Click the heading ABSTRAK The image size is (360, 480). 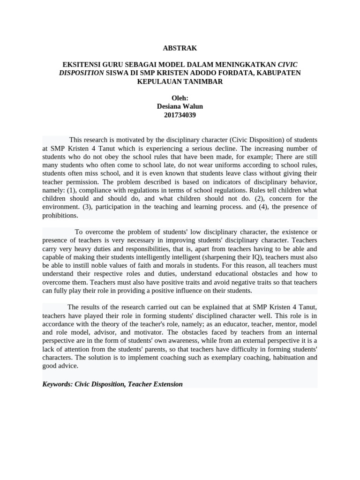180,48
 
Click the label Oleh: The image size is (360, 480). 180,98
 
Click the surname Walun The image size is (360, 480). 193,106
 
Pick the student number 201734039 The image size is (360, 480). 180,115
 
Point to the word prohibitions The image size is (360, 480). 60,216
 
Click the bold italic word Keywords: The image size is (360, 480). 57,384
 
